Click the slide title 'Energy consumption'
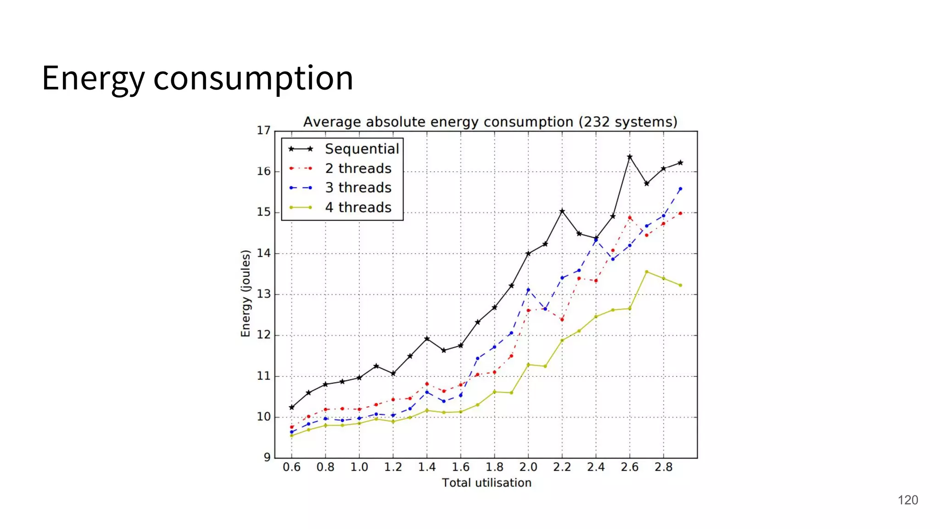(197, 78)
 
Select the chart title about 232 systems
(490, 122)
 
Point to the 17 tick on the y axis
(263, 131)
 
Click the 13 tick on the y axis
(263, 294)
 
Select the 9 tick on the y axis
(267, 457)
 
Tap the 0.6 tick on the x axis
(291, 467)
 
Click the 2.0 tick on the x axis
(528, 467)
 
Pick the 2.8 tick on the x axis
(663, 467)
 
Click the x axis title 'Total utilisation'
(487, 483)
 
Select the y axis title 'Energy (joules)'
(246, 293)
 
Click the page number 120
(907, 500)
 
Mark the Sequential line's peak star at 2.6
(630, 157)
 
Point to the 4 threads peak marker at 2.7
(647, 272)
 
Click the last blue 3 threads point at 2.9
(680, 189)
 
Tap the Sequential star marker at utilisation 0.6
(291, 407)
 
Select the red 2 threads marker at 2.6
(630, 218)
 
